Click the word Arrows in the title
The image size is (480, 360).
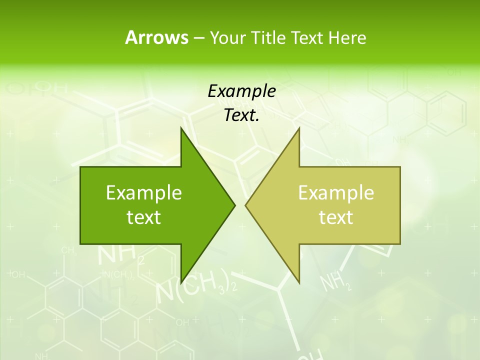156,37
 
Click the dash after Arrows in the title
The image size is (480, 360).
198,38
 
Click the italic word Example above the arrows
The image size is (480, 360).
242,91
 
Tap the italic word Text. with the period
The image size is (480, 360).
242,115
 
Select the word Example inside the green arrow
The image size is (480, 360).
144,193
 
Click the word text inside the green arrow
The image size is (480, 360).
144,217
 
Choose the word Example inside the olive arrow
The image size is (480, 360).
336,193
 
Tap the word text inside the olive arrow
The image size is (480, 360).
336,217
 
